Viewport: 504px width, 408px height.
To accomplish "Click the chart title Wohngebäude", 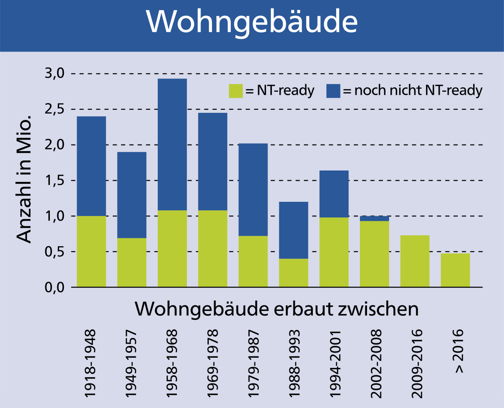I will pyautogui.click(x=252, y=22).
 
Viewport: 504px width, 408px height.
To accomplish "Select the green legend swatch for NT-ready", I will pyautogui.click(x=235, y=91).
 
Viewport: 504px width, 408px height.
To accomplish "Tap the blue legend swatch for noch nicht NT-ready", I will pyautogui.click(x=333, y=91).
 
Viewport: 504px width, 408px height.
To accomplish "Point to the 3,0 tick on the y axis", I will pyautogui.click(x=55, y=74).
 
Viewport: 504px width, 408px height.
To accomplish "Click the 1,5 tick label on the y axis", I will pyautogui.click(x=55, y=181).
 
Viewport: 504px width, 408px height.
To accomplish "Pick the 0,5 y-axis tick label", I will pyautogui.click(x=55, y=252).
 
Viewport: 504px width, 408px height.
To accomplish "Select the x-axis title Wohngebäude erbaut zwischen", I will pyautogui.click(x=276, y=309).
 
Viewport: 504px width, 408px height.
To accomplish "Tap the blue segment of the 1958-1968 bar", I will pyautogui.click(x=172, y=144).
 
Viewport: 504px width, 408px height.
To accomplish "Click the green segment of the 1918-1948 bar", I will pyautogui.click(x=91, y=251).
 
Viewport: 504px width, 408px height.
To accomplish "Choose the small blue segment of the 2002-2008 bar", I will pyautogui.click(x=374, y=219).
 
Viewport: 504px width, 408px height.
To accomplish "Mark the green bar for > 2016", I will pyautogui.click(x=456, y=270).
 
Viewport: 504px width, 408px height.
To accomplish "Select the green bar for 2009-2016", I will pyautogui.click(x=415, y=261).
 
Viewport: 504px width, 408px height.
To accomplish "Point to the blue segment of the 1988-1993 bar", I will pyautogui.click(x=293, y=230).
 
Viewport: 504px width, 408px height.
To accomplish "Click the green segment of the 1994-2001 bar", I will pyautogui.click(x=334, y=252).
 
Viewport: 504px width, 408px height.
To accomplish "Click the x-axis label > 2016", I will pyautogui.click(x=460, y=351).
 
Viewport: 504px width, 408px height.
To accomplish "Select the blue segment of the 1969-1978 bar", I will pyautogui.click(x=213, y=161).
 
